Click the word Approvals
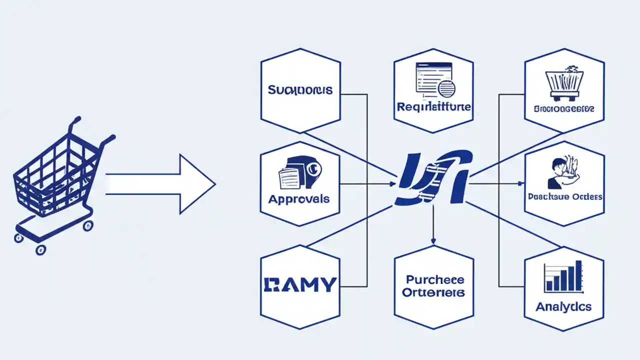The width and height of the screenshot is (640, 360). (299, 199)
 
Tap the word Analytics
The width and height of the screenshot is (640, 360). (563, 306)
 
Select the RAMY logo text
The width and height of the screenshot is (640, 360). (299, 284)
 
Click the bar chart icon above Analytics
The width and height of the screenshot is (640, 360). (563, 277)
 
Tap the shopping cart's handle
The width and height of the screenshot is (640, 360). (76, 121)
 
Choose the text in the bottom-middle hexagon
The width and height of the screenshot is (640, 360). (433, 286)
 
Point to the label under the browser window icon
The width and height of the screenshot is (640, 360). (433, 107)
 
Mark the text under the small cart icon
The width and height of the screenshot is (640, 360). (563, 108)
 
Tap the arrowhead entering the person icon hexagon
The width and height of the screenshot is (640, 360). (521, 184)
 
